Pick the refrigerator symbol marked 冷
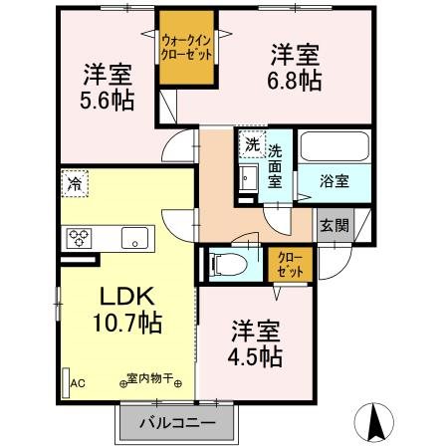(x=73, y=184)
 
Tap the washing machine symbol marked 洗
(x=252, y=145)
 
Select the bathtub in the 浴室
(x=335, y=146)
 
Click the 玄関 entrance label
(x=334, y=225)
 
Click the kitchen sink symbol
(x=135, y=238)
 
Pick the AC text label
(x=80, y=382)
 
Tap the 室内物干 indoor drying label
(x=150, y=379)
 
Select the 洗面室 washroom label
(x=276, y=164)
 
